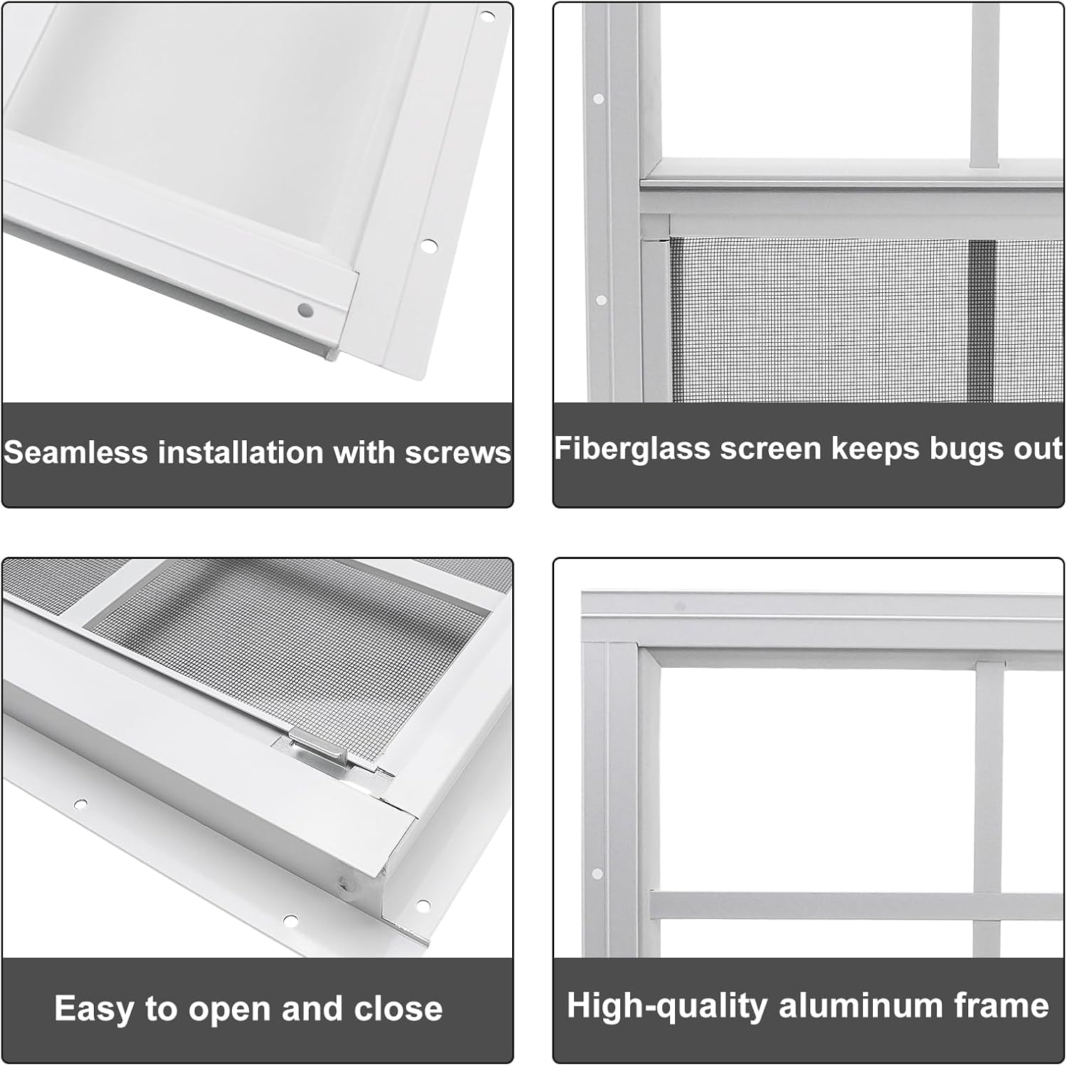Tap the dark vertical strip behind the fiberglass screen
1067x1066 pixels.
click(982, 320)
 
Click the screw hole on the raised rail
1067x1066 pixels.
click(305, 309)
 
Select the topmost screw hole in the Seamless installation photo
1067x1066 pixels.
click(487, 15)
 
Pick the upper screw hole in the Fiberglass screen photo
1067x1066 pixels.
click(598, 99)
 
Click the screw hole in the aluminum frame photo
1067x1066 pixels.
click(597, 873)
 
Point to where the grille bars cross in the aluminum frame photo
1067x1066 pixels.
click(989, 905)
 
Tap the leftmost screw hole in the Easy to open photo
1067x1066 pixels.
click(81, 804)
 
